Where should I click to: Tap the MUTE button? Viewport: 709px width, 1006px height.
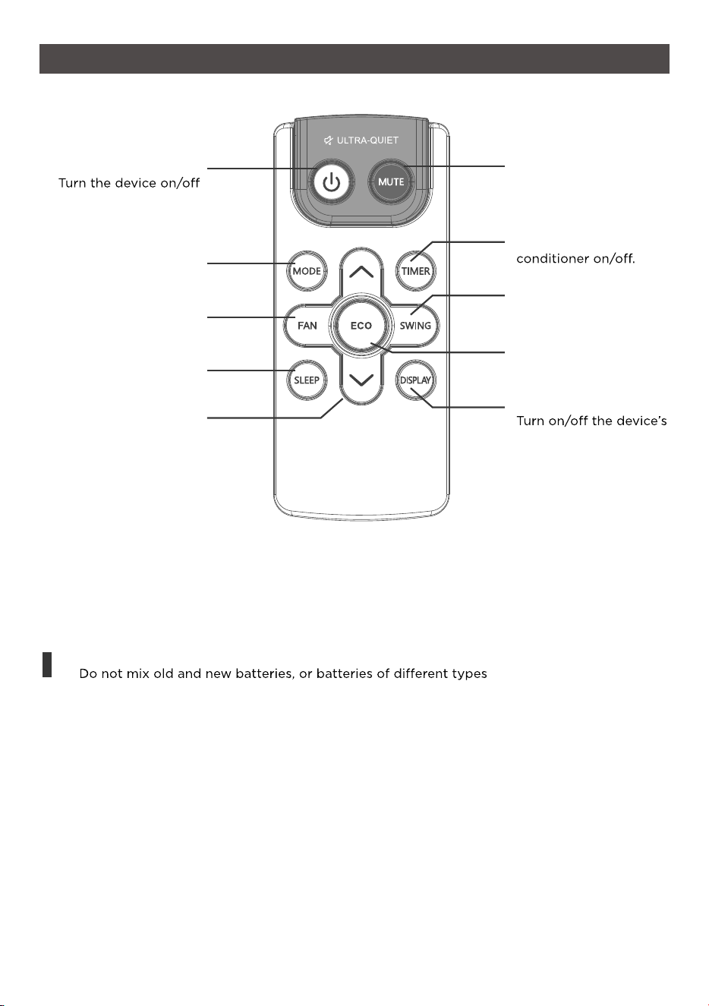point(391,182)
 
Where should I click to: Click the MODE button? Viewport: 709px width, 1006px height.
point(307,271)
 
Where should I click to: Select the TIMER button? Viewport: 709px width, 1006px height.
point(416,271)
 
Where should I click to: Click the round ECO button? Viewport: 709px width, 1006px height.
point(361,325)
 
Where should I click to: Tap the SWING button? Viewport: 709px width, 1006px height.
point(415,326)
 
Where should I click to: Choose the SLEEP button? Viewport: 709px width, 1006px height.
point(307,380)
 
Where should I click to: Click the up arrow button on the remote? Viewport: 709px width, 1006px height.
point(361,272)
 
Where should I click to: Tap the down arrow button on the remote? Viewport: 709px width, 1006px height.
point(361,380)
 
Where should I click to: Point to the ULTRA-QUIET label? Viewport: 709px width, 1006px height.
point(367,140)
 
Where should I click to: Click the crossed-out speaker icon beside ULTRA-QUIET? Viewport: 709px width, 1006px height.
point(328,140)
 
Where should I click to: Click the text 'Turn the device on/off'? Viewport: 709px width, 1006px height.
point(129,183)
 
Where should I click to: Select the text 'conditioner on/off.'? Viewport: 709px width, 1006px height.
point(575,258)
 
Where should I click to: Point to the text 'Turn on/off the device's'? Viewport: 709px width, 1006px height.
point(591,421)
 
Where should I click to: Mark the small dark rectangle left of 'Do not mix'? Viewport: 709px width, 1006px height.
point(47,664)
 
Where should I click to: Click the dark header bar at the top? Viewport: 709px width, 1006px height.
point(354,58)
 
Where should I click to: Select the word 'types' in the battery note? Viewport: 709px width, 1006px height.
point(470,674)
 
